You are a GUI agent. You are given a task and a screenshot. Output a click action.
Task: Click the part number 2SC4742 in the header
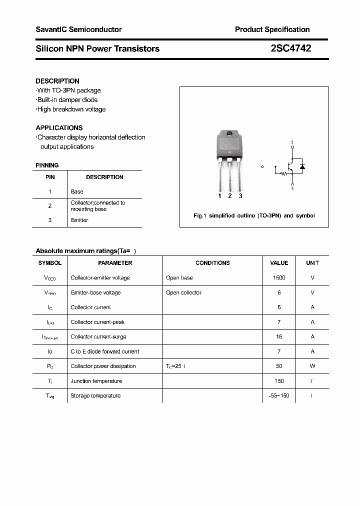tap(290, 48)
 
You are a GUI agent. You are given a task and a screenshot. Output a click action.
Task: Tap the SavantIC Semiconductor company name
tap(78, 29)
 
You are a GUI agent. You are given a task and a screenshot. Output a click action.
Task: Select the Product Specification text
tap(272, 29)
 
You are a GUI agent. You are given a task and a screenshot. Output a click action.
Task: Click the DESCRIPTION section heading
tap(57, 81)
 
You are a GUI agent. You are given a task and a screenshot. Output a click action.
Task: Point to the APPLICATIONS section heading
tap(59, 127)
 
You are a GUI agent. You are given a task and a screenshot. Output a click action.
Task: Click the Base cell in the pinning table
tap(77, 191)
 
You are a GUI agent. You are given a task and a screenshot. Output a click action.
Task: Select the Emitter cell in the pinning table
tap(79, 220)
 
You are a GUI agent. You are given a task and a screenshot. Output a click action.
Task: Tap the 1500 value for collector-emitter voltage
tap(279, 277)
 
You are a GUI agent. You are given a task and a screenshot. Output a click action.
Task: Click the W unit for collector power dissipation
tap(312, 366)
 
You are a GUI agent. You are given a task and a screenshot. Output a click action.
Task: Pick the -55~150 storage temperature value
tap(279, 395)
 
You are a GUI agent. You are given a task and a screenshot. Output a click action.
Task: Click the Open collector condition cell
tap(183, 292)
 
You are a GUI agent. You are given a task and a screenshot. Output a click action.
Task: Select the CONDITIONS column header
tap(212, 263)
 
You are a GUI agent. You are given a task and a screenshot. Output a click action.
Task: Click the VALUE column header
tap(279, 263)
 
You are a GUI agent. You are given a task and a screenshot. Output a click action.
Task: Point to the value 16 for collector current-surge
tap(279, 336)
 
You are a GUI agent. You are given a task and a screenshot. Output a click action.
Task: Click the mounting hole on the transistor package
tap(230, 134)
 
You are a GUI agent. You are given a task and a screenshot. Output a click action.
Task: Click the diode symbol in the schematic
tap(302, 166)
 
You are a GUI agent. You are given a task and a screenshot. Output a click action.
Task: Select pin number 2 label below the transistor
tap(230, 196)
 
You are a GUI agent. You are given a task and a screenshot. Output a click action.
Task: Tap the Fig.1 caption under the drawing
tap(254, 215)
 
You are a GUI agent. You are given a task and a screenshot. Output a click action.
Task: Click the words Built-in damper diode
tap(67, 99)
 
